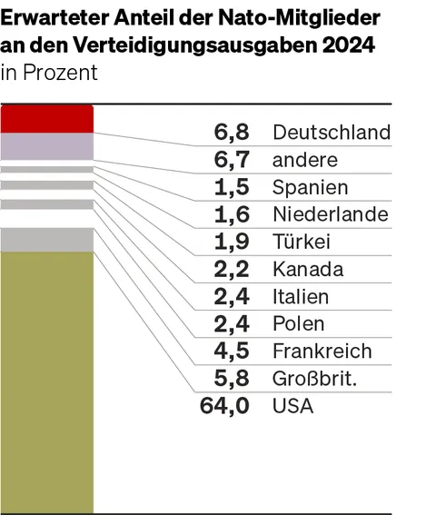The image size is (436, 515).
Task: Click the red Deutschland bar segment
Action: pos(47,119)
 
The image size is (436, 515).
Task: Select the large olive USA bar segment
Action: pos(47,381)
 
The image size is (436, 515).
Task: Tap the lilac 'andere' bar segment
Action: pos(47,146)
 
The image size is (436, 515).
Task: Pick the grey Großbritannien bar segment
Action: pos(47,239)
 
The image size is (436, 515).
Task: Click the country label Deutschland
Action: pos(332,133)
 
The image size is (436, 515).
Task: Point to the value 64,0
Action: pos(224,406)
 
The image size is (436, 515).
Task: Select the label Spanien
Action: pos(310,187)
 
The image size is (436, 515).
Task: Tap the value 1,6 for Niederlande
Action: pos(232,214)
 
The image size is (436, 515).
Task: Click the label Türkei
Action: pos(302,242)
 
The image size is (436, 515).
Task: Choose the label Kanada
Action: pos(308,269)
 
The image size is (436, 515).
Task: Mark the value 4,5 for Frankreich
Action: pos(232,352)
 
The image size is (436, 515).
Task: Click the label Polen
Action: pos(299,324)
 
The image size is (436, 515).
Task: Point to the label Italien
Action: pos(301,297)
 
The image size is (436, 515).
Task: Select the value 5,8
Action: pos(232,379)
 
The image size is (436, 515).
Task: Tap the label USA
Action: pos(292,406)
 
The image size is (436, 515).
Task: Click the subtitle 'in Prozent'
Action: pos(49,74)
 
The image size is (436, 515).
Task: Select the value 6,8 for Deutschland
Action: pos(232,133)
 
